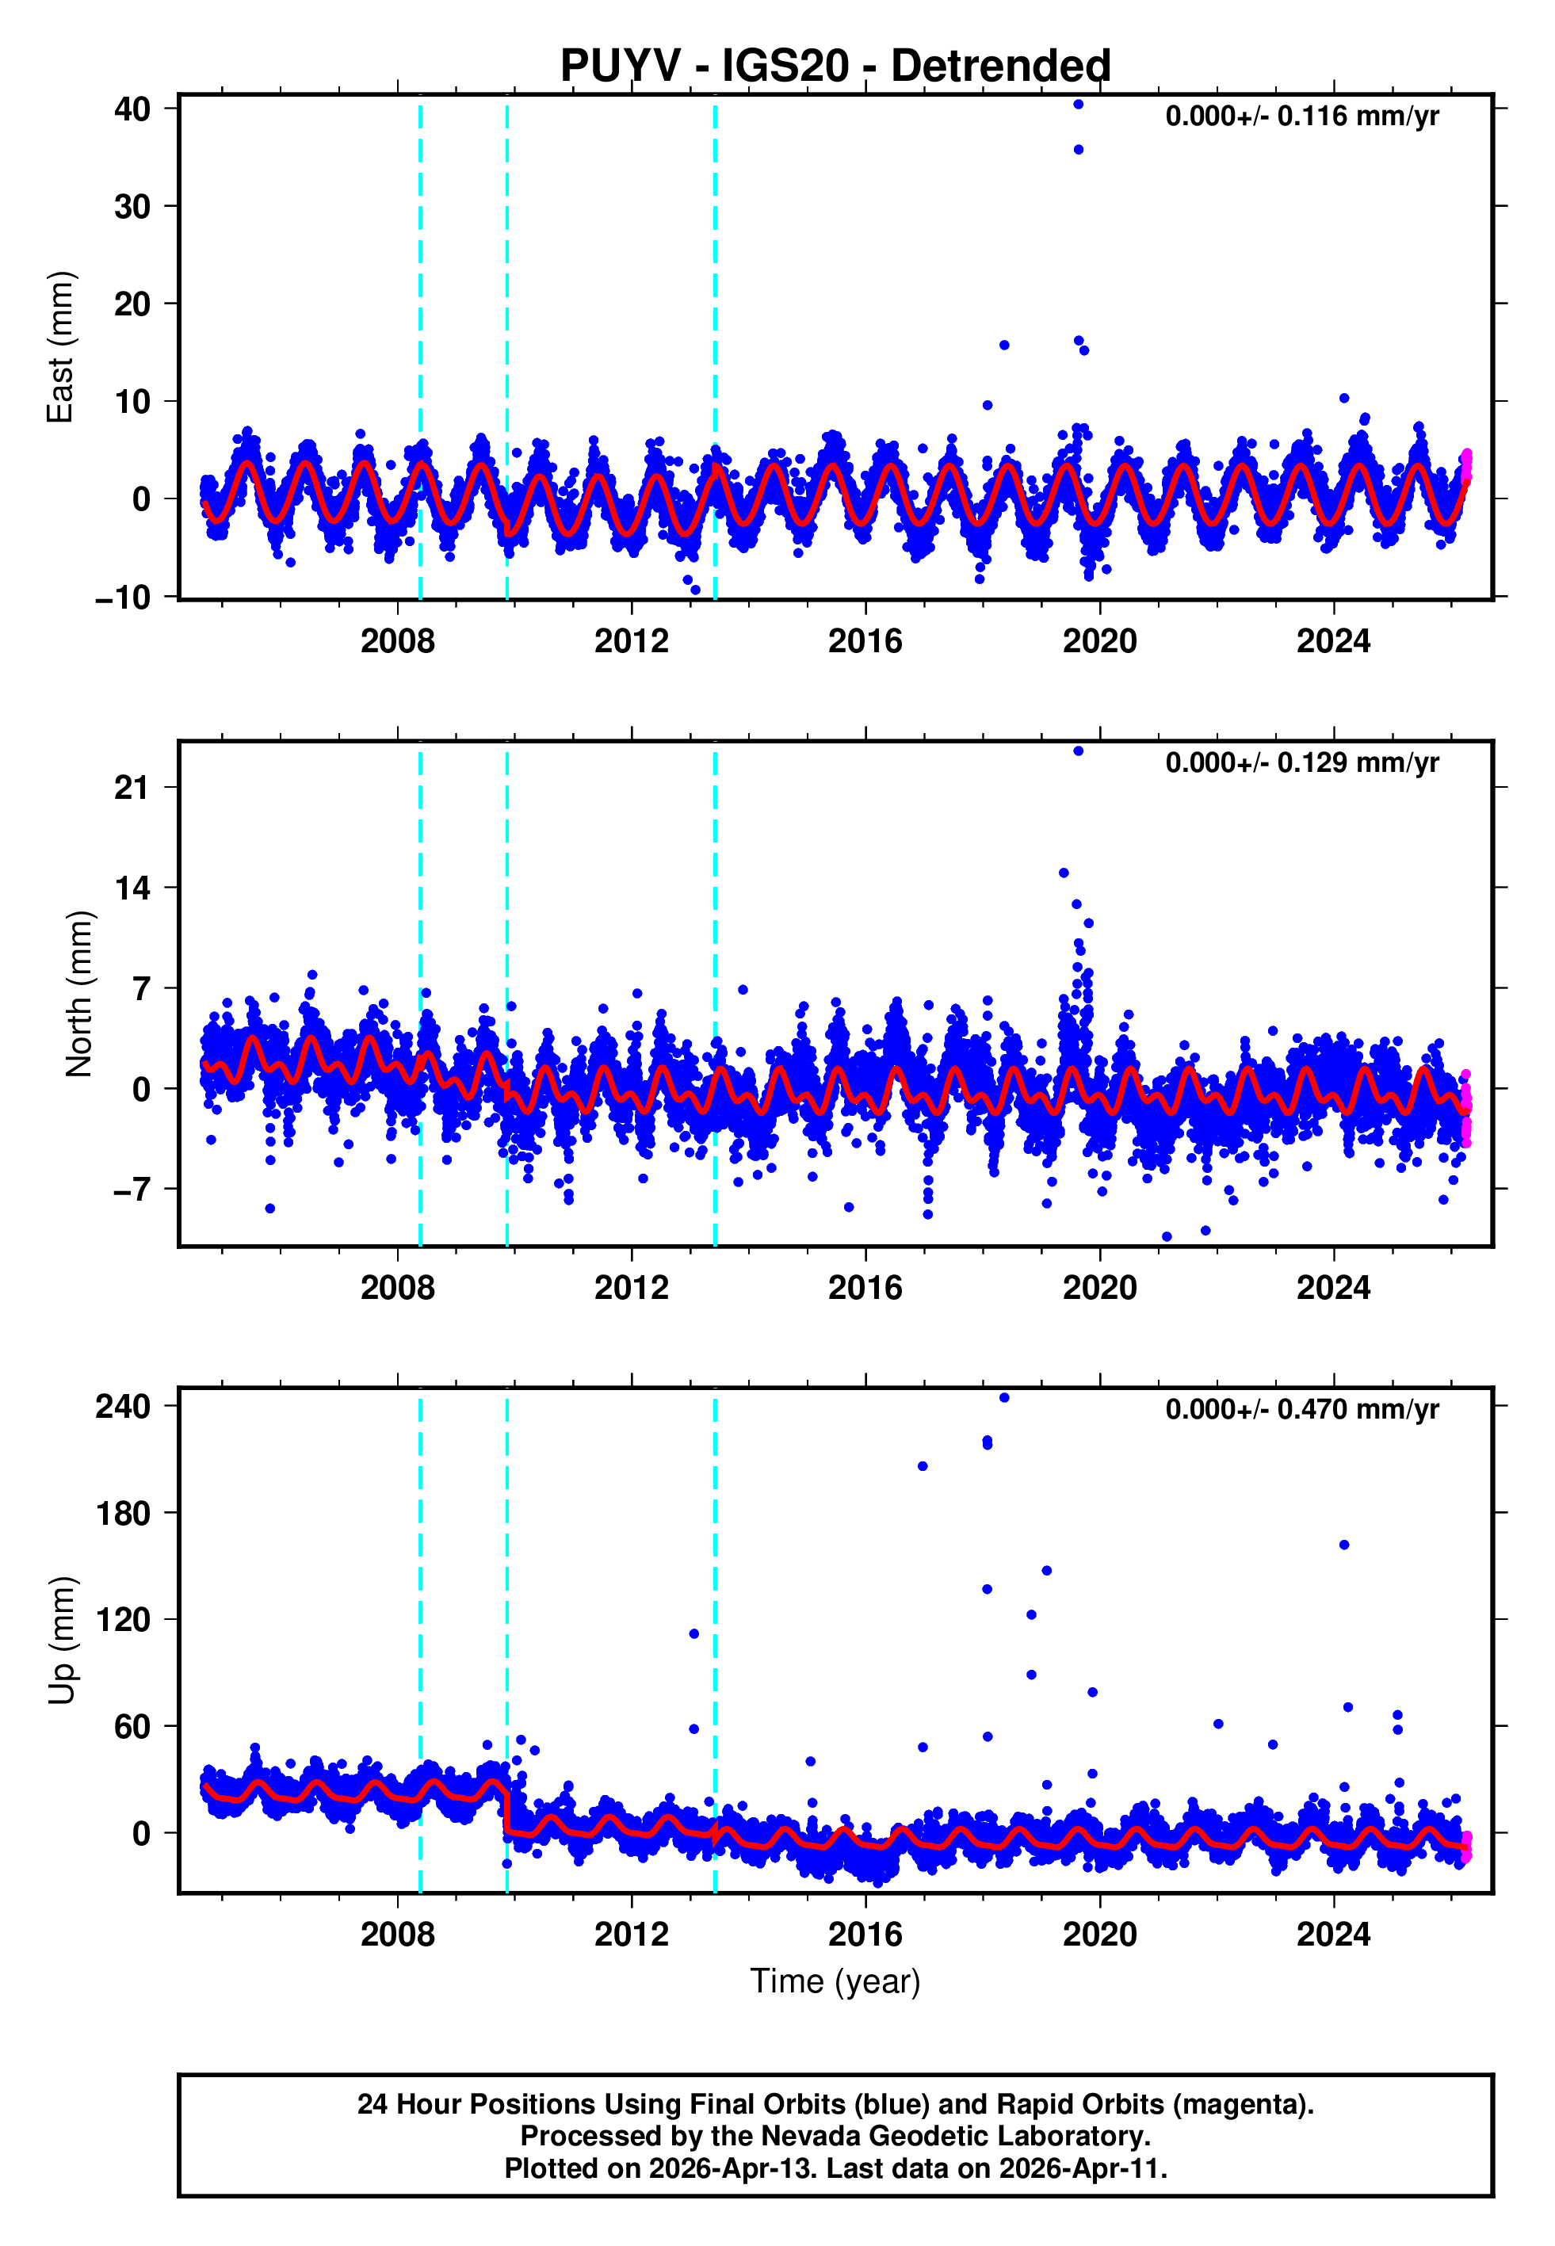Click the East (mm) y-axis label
pos(60,347)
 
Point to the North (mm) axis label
pos(78,994)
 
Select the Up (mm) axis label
pos(60,1641)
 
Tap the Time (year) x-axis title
pos(835,1981)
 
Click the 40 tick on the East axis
pos(132,109)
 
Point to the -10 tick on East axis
pos(123,597)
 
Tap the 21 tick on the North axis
pos(132,787)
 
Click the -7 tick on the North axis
pos(132,1190)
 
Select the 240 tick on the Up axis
pos(123,1407)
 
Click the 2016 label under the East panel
pos(865,641)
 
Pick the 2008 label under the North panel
pos(398,1288)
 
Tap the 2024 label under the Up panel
pos(1333,1934)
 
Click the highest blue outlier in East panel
pos(1078,104)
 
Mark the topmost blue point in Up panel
pos(1003,1398)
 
